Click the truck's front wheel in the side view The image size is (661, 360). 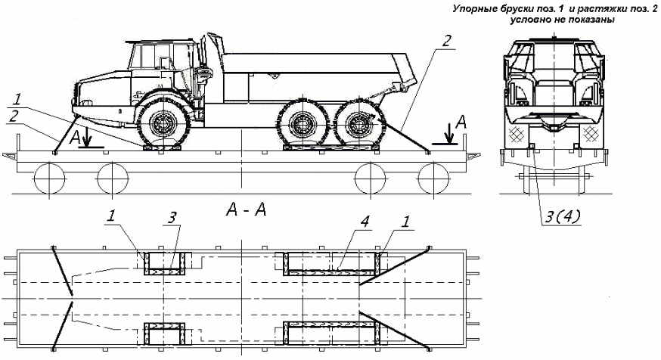163,124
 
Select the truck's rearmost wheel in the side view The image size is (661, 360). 354,124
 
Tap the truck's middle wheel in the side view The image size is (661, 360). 303,124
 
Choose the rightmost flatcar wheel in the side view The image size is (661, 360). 431,179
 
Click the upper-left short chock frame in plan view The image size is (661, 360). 164,262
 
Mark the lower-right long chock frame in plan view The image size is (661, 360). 330,333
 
